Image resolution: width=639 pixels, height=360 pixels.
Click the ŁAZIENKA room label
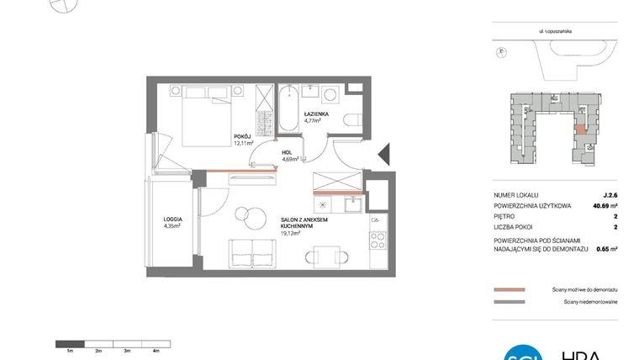pos(316,113)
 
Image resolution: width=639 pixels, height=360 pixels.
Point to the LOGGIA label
pos(174,219)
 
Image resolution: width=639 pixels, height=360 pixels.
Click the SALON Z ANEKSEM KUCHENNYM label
pos(304,222)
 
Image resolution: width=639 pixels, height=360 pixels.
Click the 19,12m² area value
pos(291,234)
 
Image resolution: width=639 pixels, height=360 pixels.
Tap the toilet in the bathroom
pos(356,118)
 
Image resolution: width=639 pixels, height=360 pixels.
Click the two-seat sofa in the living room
pos(251,252)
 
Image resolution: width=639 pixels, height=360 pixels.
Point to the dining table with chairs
pos(324,257)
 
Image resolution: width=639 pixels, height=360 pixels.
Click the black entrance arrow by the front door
pos(383,154)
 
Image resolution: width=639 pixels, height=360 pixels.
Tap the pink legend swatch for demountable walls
pos(510,289)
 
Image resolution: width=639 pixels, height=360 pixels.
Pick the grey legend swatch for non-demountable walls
pos(510,301)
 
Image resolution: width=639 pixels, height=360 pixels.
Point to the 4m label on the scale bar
pos(156,350)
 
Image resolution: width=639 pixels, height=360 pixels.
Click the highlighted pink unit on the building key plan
pos(580,130)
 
